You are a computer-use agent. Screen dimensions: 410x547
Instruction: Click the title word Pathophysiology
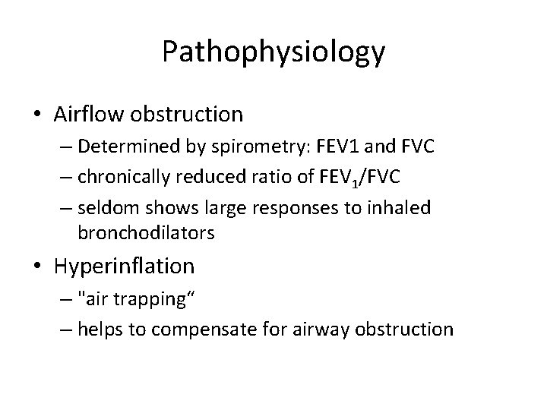273,52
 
